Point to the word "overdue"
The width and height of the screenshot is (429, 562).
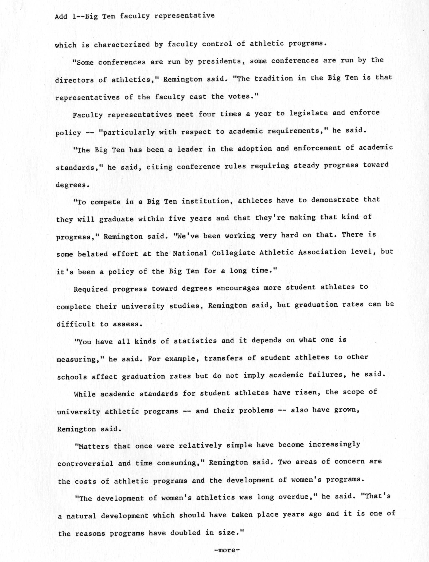295,497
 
